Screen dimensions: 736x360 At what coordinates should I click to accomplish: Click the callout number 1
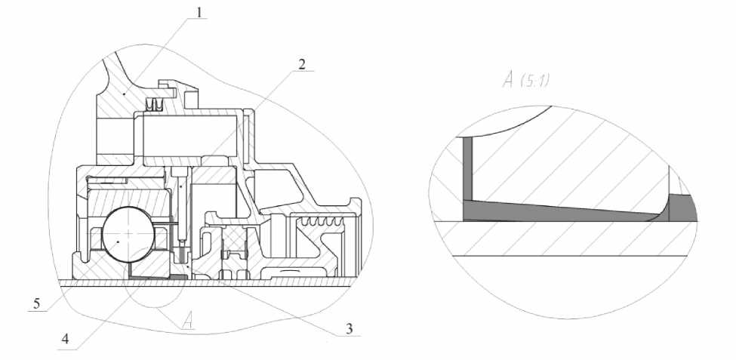(199, 13)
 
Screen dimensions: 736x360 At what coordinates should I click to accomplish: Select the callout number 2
(302, 64)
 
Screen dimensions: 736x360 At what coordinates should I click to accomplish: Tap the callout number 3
(350, 329)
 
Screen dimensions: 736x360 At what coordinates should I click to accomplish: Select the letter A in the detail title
(508, 80)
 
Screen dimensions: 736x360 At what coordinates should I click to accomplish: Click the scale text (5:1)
(534, 81)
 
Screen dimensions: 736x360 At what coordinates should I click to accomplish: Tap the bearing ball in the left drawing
(128, 233)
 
